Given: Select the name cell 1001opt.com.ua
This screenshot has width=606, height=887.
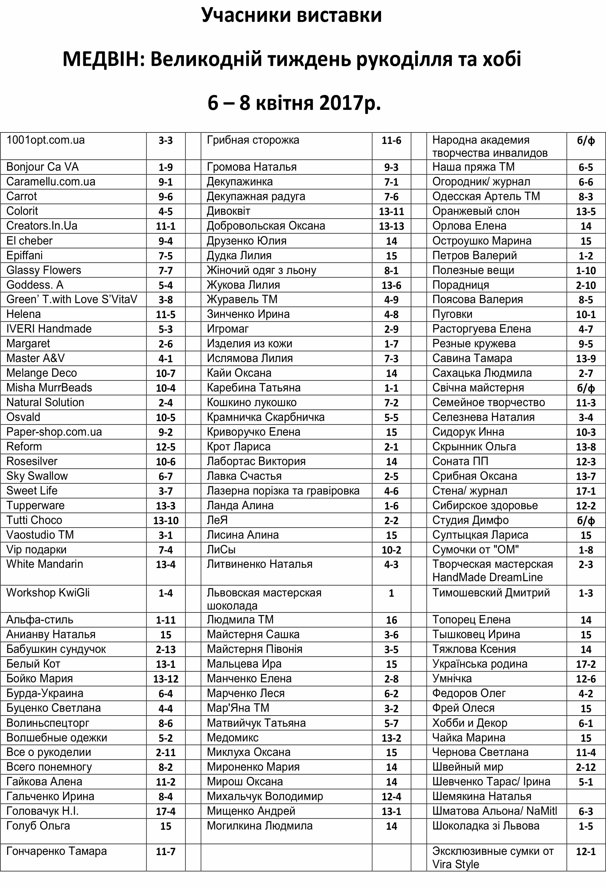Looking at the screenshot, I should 46,140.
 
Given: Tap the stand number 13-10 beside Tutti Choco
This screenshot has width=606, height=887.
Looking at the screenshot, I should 165,520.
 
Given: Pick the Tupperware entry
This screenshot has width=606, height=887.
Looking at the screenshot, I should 35,505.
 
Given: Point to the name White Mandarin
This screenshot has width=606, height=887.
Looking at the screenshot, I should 45,564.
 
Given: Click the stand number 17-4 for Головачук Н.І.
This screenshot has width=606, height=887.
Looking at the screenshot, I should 165,811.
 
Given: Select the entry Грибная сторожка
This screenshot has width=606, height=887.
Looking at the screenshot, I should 253,140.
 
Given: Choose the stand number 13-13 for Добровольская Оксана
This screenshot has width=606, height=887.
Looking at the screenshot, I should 391,226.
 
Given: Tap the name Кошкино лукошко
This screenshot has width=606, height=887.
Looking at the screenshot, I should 251,402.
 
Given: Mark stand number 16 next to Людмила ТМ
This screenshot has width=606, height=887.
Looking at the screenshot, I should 391,620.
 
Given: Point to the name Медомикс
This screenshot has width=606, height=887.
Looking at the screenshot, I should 233,737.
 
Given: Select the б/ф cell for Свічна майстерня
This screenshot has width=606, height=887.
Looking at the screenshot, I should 586,388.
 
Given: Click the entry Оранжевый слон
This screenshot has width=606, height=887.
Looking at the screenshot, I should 476,211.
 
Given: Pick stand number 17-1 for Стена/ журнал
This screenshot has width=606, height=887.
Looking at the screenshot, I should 586,491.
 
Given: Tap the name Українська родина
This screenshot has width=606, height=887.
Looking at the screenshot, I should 480,664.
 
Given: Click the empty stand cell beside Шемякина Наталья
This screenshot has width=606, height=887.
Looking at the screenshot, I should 586,796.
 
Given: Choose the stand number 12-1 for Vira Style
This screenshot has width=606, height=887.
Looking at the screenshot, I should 586,852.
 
